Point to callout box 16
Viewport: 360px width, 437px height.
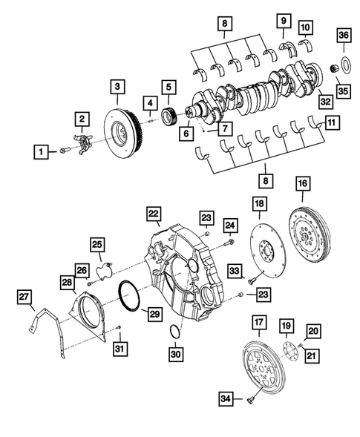tap(302, 183)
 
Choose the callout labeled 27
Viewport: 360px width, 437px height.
tap(27, 298)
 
